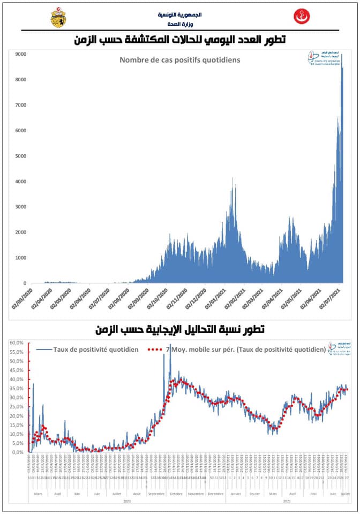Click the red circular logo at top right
301,17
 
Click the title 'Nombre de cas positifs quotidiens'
179,60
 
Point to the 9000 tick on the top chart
21,54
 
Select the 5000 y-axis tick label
21,156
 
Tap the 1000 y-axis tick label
21,258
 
